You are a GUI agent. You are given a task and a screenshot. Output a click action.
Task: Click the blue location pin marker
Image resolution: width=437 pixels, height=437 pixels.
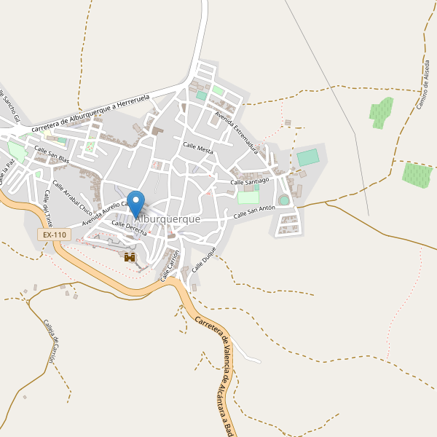click(135, 201)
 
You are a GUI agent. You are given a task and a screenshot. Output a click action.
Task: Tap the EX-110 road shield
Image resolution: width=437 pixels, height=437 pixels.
click(55, 235)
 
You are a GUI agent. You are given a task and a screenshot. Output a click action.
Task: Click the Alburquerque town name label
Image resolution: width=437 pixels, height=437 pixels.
click(168, 218)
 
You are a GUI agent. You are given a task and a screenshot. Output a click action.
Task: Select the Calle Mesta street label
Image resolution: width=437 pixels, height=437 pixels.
click(198, 148)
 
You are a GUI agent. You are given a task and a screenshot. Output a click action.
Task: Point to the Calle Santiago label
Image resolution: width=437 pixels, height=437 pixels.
click(250, 181)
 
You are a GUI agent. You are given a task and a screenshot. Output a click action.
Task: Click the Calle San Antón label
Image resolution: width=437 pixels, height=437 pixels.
click(254, 213)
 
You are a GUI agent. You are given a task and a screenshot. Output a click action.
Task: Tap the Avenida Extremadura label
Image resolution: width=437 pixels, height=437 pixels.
click(237, 130)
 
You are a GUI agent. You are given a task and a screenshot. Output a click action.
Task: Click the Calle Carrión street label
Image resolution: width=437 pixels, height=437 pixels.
click(170, 265)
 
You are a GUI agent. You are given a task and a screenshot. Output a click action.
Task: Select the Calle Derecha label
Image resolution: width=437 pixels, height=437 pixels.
click(129, 229)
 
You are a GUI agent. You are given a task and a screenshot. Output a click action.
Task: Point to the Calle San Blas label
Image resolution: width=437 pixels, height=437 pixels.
click(51, 154)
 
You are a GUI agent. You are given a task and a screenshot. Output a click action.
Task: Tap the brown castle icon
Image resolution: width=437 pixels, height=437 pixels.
click(130, 257)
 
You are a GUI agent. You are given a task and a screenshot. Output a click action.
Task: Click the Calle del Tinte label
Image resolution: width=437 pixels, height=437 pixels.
click(48, 207)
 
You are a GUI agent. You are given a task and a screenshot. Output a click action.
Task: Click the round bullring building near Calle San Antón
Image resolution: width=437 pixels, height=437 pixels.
click(284, 200)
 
